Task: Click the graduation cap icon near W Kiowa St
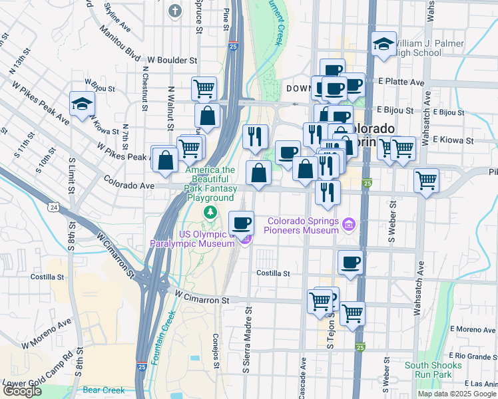[x=82, y=104]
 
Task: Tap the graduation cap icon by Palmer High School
[x=384, y=44]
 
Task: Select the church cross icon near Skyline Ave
[x=175, y=11]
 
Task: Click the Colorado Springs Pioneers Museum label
[x=304, y=225]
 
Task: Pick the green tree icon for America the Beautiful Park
[x=210, y=211]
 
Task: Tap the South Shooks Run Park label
[x=433, y=370]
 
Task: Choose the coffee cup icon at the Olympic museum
[x=241, y=222]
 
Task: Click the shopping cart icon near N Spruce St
[x=204, y=88]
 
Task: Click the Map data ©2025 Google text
[x=456, y=394]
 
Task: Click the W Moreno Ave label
[x=46, y=334]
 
